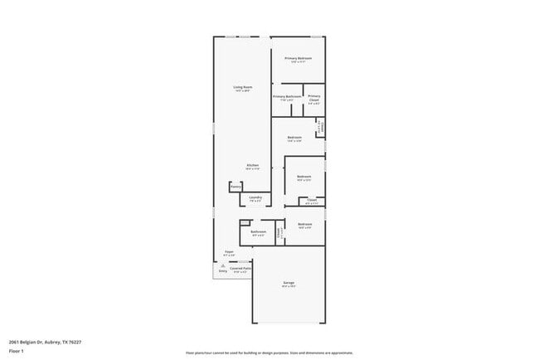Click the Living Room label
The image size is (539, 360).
tap(242, 86)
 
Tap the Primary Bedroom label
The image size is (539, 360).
tap(299, 58)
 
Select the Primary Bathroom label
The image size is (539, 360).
tap(287, 96)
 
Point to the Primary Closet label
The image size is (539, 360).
tap(313, 99)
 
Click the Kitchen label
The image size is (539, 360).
tap(252, 165)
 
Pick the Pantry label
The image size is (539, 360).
tap(236, 187)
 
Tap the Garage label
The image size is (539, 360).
tap(289, 283)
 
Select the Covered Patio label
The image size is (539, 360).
tap(241, 268)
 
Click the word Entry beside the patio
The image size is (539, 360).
tap(222, 271)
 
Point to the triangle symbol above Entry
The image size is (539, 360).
tap(222, 265)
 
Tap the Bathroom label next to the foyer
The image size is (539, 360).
tap(258, 231)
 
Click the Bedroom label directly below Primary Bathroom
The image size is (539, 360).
tap(294, 137)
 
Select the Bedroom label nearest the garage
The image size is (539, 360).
tap(305, 224)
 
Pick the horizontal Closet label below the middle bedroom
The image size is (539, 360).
tap(312, 199)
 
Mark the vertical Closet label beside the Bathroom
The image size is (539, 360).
tap(279, 233)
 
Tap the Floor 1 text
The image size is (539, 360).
tap(16, 351)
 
